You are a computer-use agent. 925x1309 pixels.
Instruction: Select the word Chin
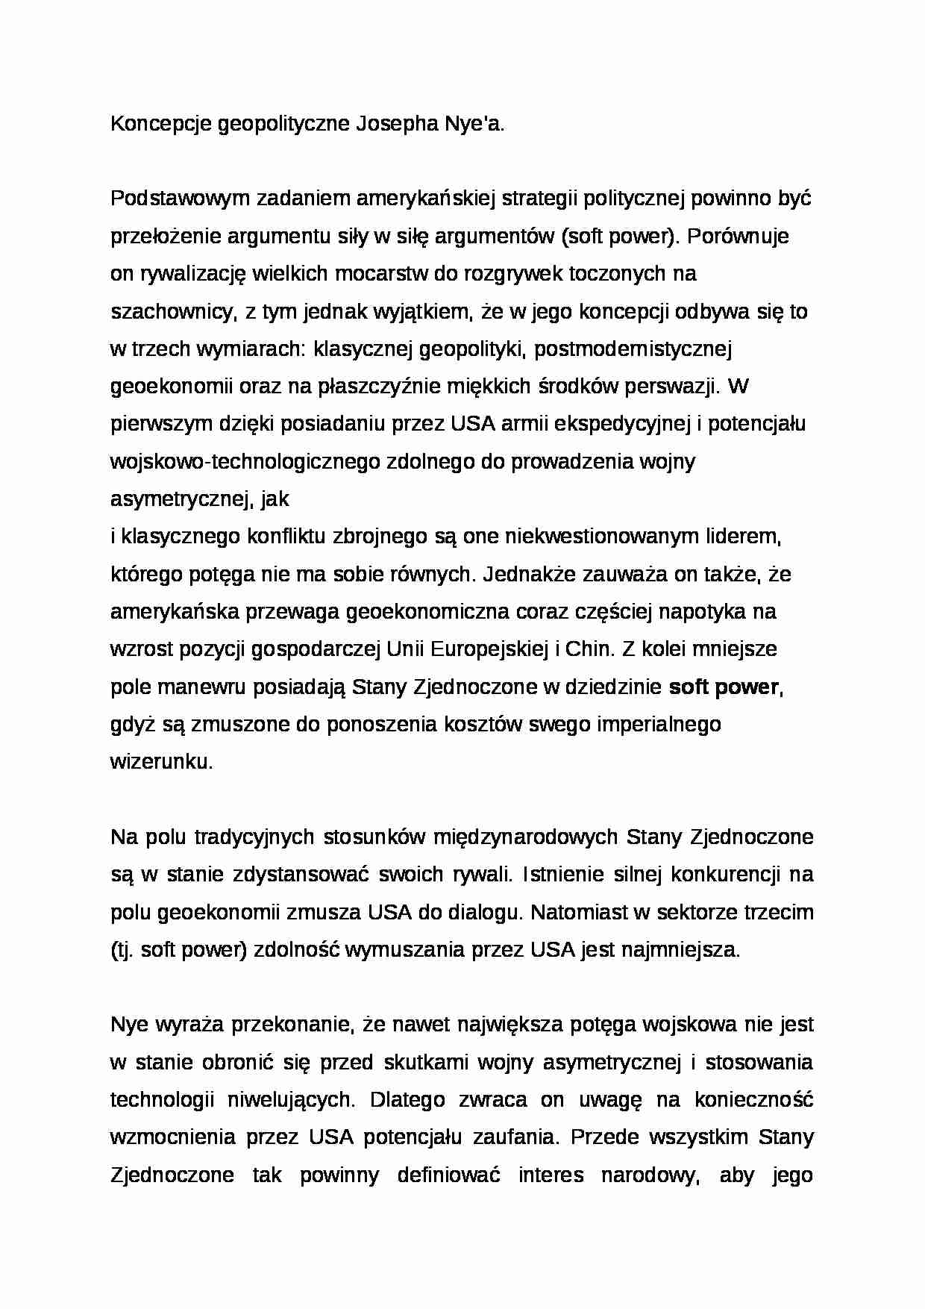coord(588,649)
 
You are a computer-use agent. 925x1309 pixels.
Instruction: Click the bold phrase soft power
coord(724,687)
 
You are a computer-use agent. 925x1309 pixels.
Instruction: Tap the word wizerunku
coord(160,762)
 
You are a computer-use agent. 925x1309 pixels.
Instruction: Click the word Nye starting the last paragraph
coord(129,1025)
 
